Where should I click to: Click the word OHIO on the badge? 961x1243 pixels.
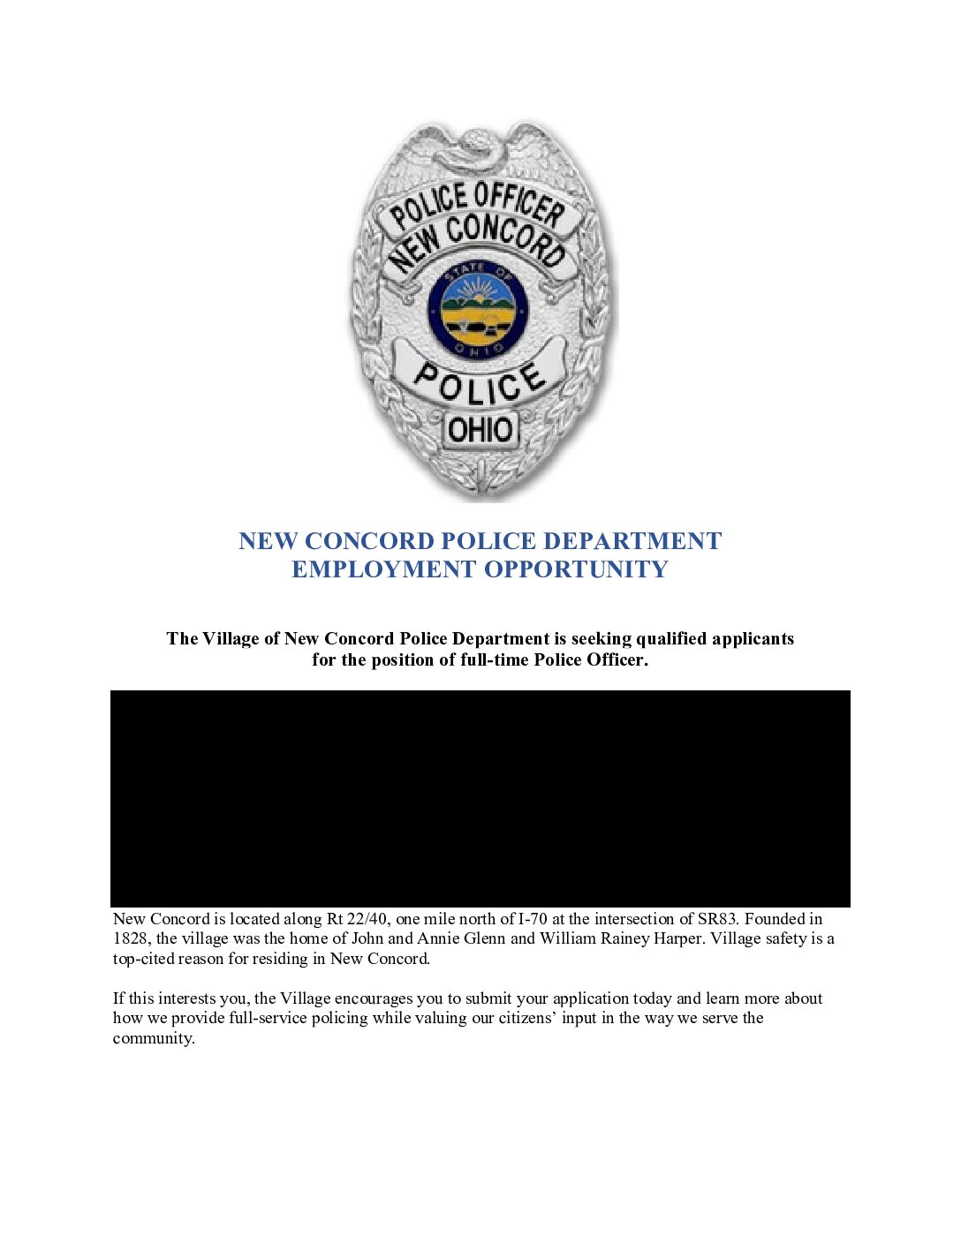(x=480, y=430)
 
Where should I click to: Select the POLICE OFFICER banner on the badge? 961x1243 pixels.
(x=477, y=205)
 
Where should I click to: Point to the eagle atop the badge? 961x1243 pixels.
(x=477, y=148)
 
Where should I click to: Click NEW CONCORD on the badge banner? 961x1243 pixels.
(x=478, y=240)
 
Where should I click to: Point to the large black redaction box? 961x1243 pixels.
(x=480, y=798)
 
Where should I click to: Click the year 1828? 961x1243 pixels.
(x=130, y=938)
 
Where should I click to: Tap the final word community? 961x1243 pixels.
(x=154, y=1038)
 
